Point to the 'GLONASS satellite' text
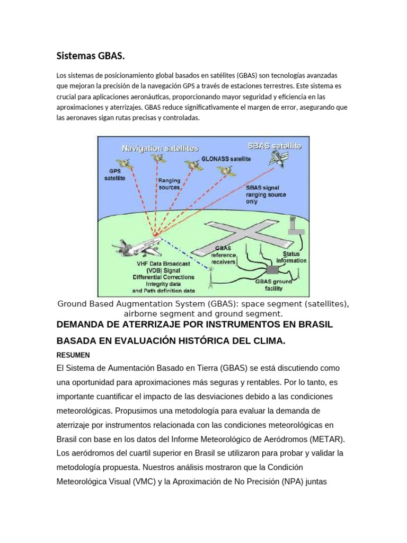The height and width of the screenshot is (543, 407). [226, 158]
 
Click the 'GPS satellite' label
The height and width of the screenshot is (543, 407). [114, 175]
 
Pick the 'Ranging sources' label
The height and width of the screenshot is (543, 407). [170, 184]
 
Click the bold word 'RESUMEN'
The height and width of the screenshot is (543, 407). [73, 355]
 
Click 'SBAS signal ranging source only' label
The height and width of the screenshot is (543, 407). [266, 195]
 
